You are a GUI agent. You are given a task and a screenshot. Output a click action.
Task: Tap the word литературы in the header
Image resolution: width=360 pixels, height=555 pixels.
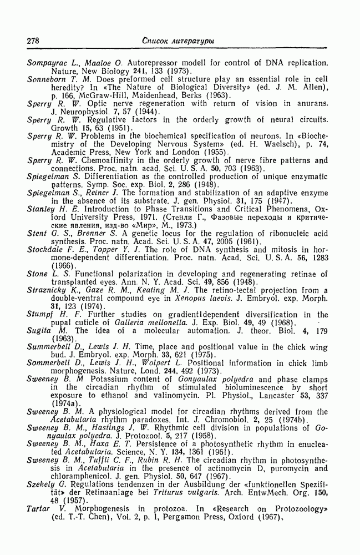click(x=194, y=41)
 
